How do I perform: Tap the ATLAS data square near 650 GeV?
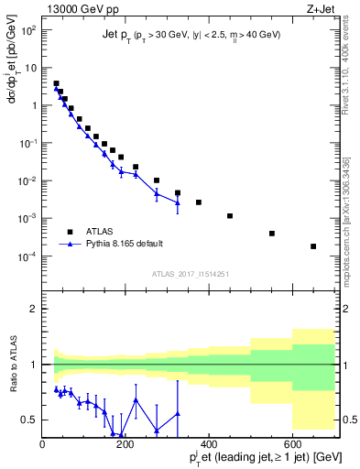pos(313,246)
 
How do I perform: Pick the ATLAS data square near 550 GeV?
pos(272,234)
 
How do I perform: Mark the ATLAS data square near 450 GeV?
pos(230,216)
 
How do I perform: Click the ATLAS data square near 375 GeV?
pos(199,202)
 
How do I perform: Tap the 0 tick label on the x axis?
pos(43,447)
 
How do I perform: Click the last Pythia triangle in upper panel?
pos(178,203)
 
